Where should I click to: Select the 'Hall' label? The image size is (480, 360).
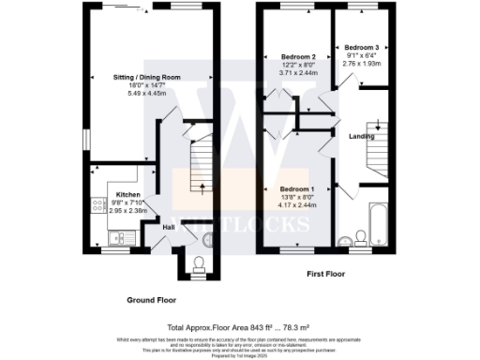pos(169,226)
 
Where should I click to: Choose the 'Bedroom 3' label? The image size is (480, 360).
pos(361,47)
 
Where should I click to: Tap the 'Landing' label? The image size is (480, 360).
pos(362,137)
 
